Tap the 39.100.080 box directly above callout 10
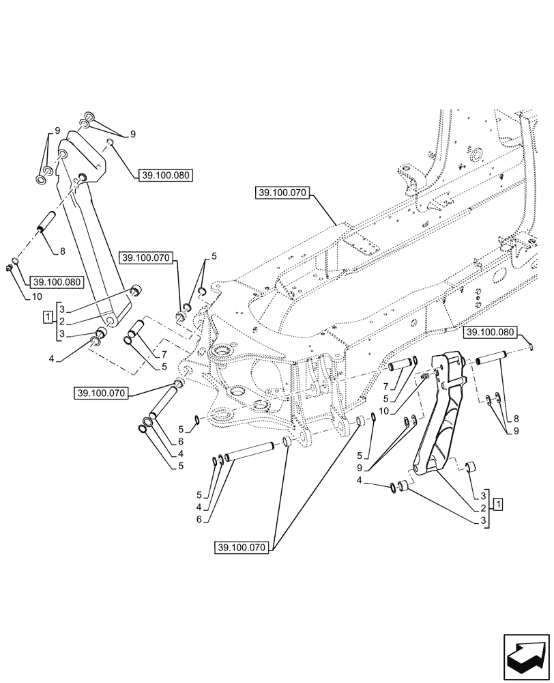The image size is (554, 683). point(55,281)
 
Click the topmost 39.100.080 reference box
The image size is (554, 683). point(166,175)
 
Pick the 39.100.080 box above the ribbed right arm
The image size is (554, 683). point(489,333)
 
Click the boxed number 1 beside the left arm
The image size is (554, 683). point(47,316)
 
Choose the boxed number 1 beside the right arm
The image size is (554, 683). point(499,504)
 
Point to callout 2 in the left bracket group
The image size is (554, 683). point(61,321)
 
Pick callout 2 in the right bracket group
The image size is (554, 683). point(484,509)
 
